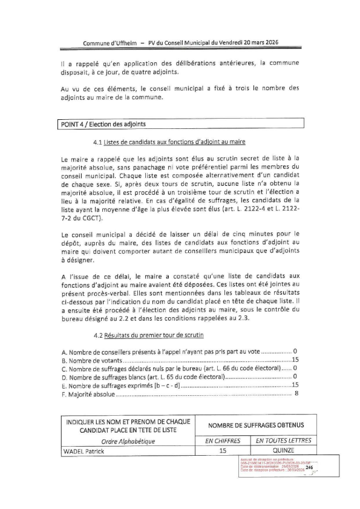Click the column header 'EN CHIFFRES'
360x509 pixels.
click(223, 441)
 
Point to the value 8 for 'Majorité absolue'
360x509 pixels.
click(296, 394)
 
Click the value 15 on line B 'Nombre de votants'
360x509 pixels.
click(295, 360)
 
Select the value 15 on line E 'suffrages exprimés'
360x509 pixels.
click(295, 386)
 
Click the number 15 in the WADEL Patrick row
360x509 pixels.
click(223, 451)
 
